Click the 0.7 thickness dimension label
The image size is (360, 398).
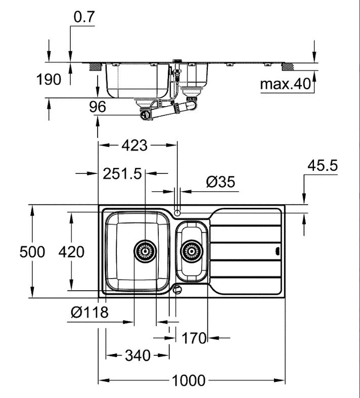point(84,17)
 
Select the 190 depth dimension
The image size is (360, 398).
point(50,79)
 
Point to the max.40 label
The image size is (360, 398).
point(284,84)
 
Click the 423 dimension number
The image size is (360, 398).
point(134,146)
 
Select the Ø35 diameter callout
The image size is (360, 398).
point(221,182)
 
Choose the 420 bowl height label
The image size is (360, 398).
point(71,252)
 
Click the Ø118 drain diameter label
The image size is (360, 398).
point(90,313)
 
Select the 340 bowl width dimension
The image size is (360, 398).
point(137,356)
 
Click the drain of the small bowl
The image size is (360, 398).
point(192,250)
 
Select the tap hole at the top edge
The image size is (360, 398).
point(177,211)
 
